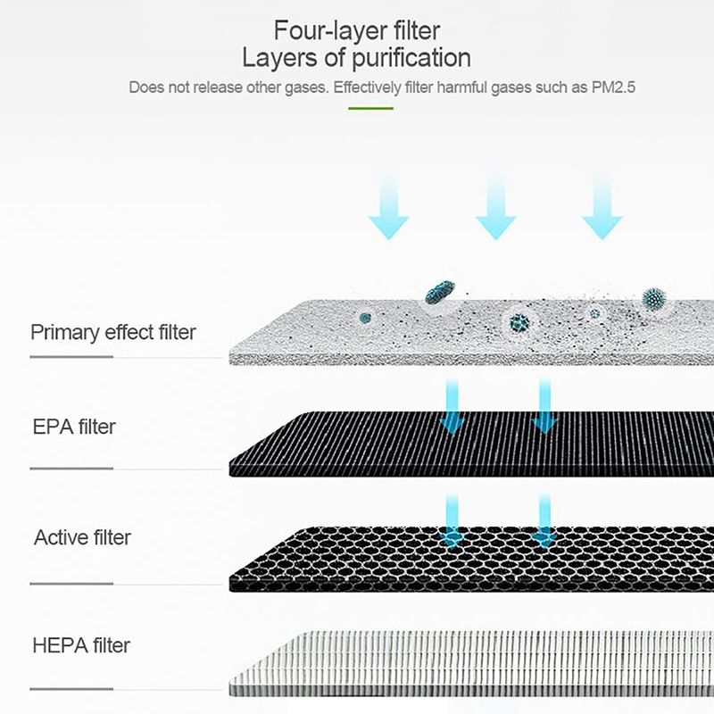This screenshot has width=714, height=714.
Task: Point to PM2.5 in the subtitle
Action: tap(612, 87)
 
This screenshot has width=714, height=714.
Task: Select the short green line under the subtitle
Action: tap(370, 108)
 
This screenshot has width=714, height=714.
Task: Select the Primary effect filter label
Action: tap(113, 332)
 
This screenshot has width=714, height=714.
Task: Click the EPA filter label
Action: tap(74, 427)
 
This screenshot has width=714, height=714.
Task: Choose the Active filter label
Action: tap(82, 537)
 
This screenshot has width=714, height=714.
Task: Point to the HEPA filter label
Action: tap(81, 644)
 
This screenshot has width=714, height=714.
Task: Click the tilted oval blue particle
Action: tap(439, 289)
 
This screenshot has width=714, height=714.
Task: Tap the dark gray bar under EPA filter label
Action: tap(71, 467)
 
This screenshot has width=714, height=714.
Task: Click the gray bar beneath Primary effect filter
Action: tap(71, 356)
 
